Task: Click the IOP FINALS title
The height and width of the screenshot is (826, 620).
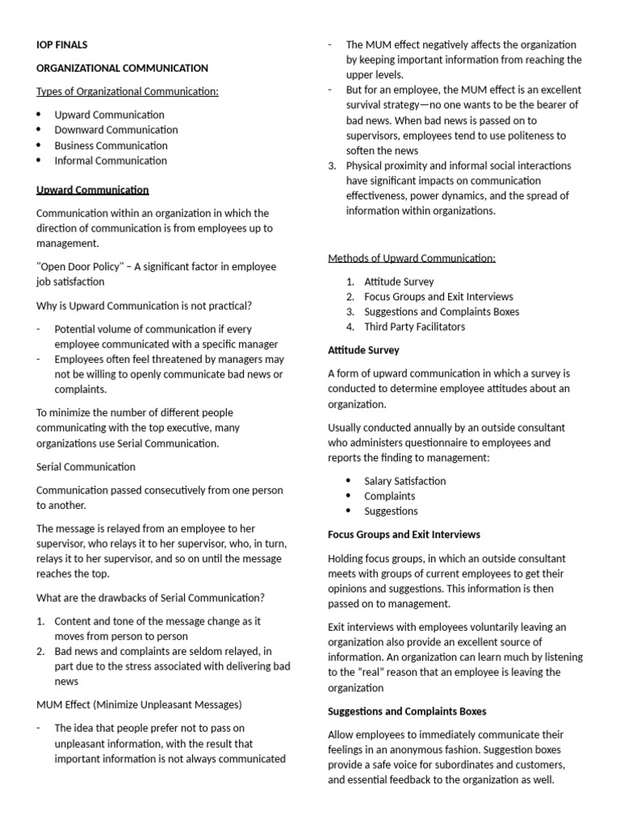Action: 62,45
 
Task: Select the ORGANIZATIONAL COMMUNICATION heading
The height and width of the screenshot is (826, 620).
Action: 122,69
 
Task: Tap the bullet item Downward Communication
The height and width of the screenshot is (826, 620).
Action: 116,130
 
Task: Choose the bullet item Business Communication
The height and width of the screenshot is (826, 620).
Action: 111,145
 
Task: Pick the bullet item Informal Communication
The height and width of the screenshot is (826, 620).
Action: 111,161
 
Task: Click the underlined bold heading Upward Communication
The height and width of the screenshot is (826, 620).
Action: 93,190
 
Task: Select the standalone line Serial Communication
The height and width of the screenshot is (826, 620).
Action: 86,467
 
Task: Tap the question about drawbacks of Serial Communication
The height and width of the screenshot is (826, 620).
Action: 150,598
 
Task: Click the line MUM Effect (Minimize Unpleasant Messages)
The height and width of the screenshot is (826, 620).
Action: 139,705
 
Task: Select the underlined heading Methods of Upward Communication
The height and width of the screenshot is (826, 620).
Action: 412,258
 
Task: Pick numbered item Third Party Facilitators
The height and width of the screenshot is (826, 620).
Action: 415,327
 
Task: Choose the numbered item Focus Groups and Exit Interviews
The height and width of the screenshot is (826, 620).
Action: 438,297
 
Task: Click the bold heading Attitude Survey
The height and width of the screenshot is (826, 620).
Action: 363,350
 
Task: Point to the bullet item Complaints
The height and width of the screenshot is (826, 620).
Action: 390,496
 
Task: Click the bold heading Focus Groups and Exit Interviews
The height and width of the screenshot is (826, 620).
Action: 404,535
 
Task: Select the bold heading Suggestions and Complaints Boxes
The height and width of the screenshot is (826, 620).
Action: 407,711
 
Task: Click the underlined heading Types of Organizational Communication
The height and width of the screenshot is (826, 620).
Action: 128,91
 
